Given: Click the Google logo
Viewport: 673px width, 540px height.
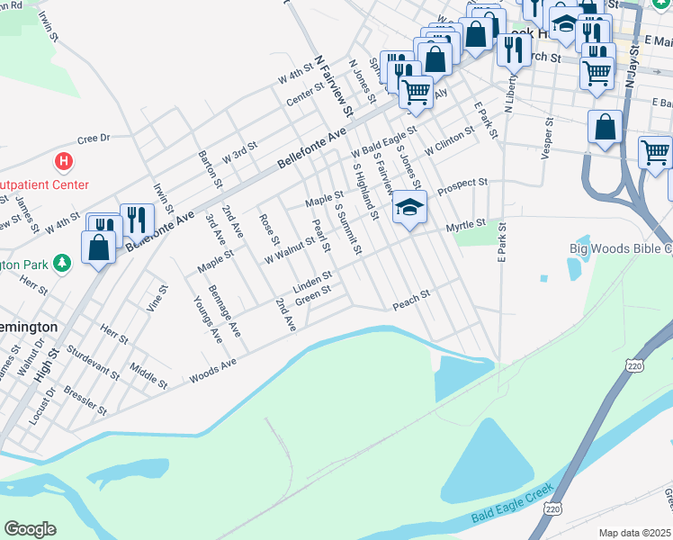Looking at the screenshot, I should (30, 529).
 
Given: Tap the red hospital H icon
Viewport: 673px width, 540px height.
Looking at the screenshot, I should (64, 163).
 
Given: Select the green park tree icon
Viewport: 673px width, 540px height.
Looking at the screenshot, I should (62, 264).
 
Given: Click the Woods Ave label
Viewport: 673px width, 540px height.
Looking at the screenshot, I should (212, 371).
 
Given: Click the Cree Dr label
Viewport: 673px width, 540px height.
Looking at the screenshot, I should (93, 139).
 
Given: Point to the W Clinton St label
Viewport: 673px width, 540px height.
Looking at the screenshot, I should (450, 139).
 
